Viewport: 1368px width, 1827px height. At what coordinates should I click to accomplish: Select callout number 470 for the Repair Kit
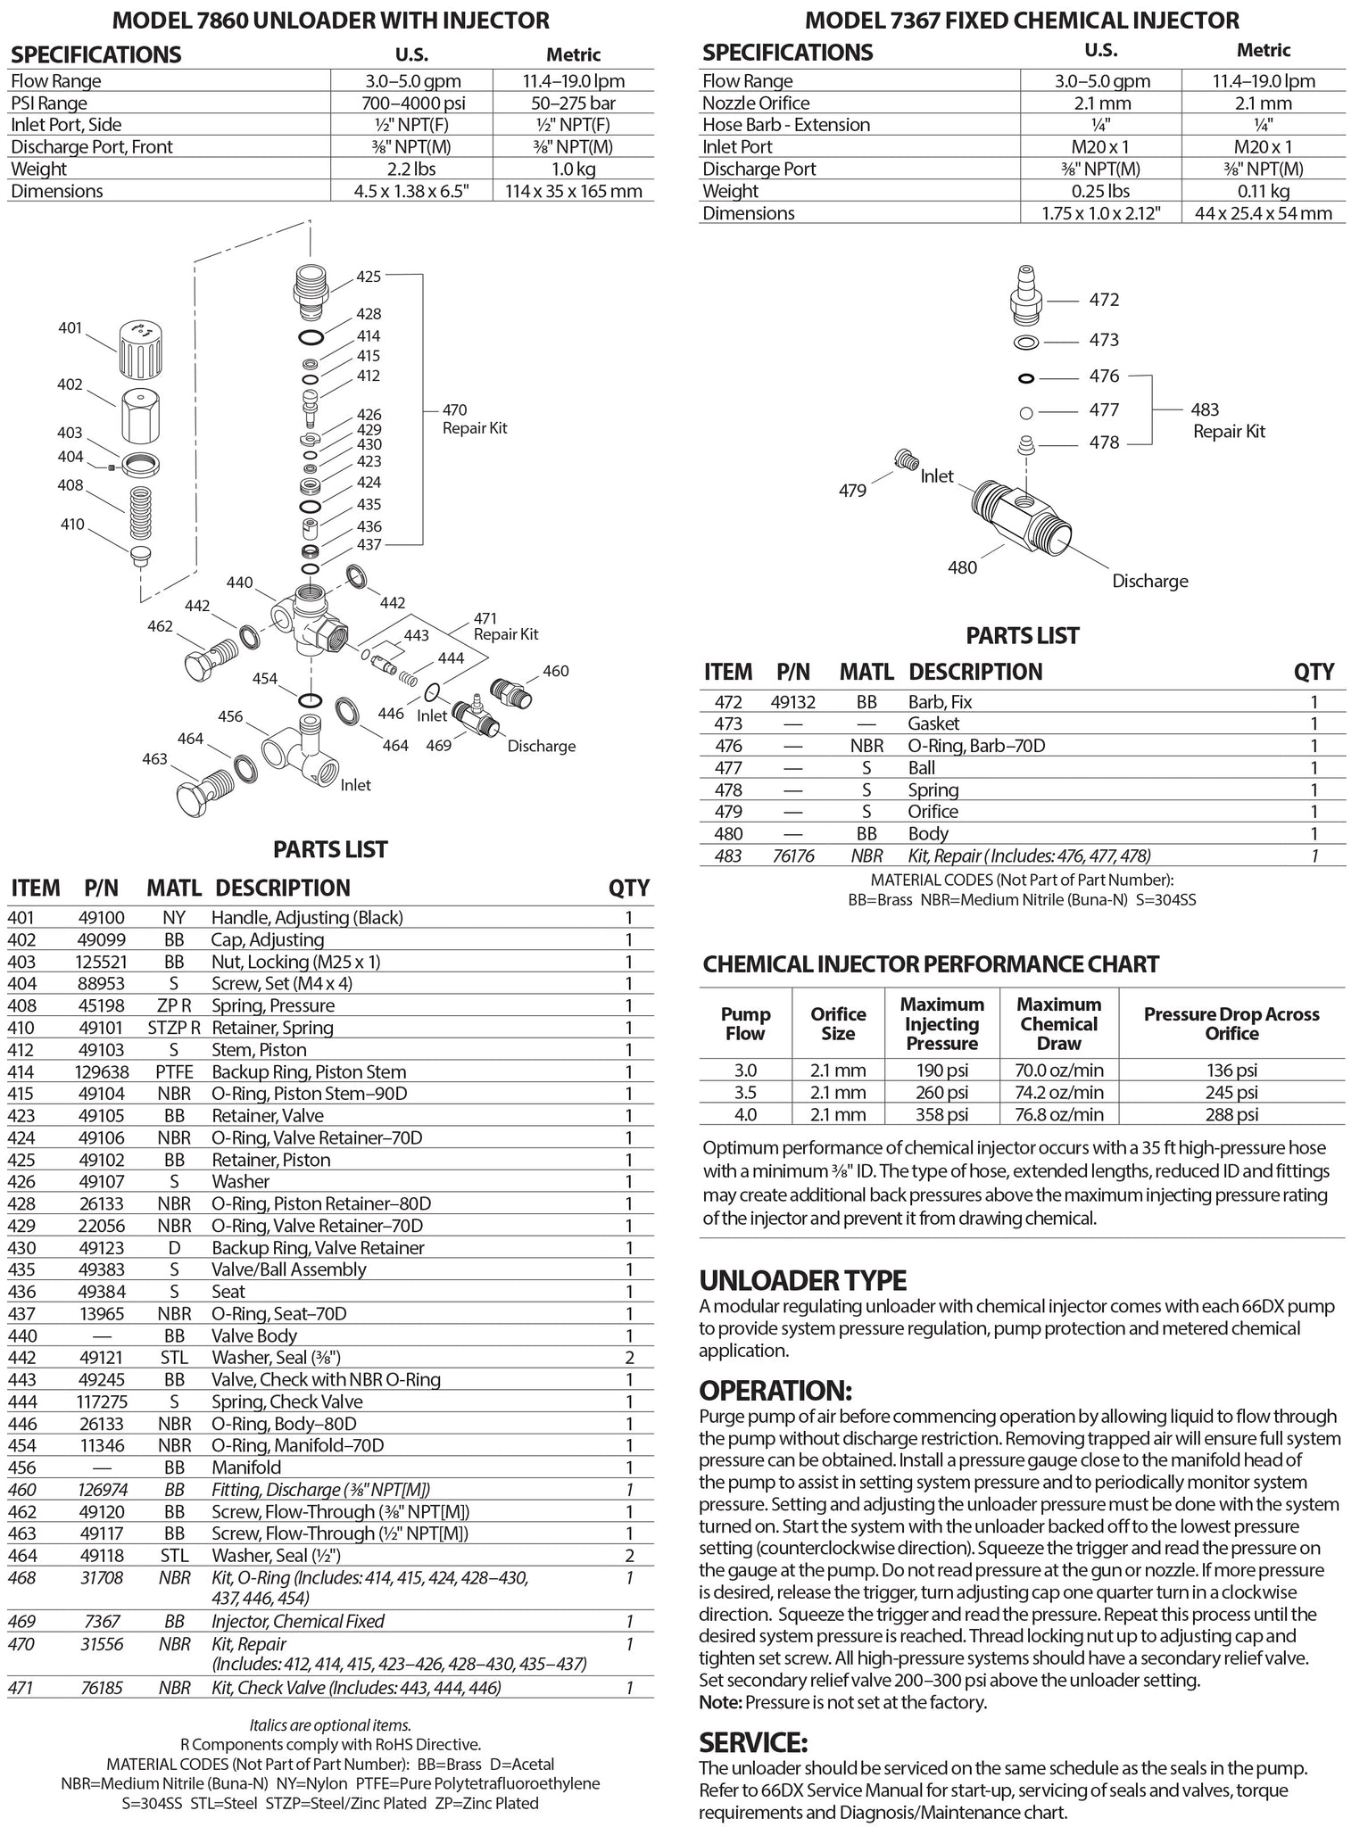(454, 410)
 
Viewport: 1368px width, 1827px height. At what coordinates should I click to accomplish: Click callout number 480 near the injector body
(962, 567)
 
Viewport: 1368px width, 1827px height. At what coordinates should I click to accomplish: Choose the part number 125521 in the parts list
(101, 962)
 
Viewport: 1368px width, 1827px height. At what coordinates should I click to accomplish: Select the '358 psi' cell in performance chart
(941, 1114)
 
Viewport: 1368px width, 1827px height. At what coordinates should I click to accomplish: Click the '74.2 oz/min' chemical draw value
(1058, 1092)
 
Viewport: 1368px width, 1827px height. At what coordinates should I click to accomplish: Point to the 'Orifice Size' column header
(838, 1024)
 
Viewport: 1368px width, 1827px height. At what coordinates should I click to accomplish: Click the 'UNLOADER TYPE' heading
(802, 1281)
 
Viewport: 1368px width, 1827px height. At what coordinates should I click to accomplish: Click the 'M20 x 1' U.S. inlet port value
(1101, 146)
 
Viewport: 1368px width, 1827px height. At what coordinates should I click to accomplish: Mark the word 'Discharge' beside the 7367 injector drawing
(1149, 581)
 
